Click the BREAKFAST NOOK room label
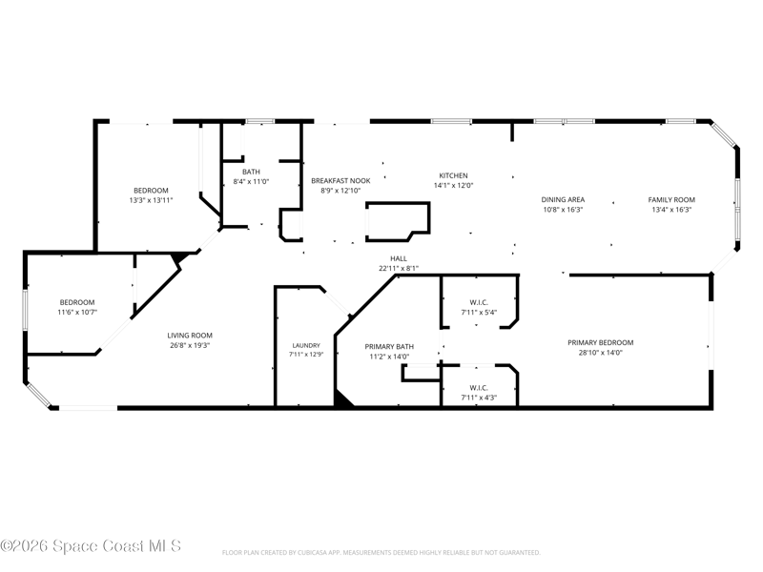[340, 180]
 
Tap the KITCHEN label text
[454, 175]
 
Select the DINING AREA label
[563, 199]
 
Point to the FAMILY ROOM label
[671, 199]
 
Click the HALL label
[399, 258]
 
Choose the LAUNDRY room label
[306, 345]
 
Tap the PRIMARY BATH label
[389, 346]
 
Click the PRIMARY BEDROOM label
[601, 342]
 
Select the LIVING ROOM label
[190, 336]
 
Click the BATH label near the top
[251, 172]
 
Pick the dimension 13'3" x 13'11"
[151, 200]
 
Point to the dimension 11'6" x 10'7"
[77, 312]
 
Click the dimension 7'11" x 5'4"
[479, 313]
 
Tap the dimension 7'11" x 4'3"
[479, 398]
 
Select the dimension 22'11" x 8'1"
[399, 268]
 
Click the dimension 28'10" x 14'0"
[601, 353]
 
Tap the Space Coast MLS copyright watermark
[91, 545]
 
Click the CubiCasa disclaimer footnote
[381, 553]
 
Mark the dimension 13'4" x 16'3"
[671, 210]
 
